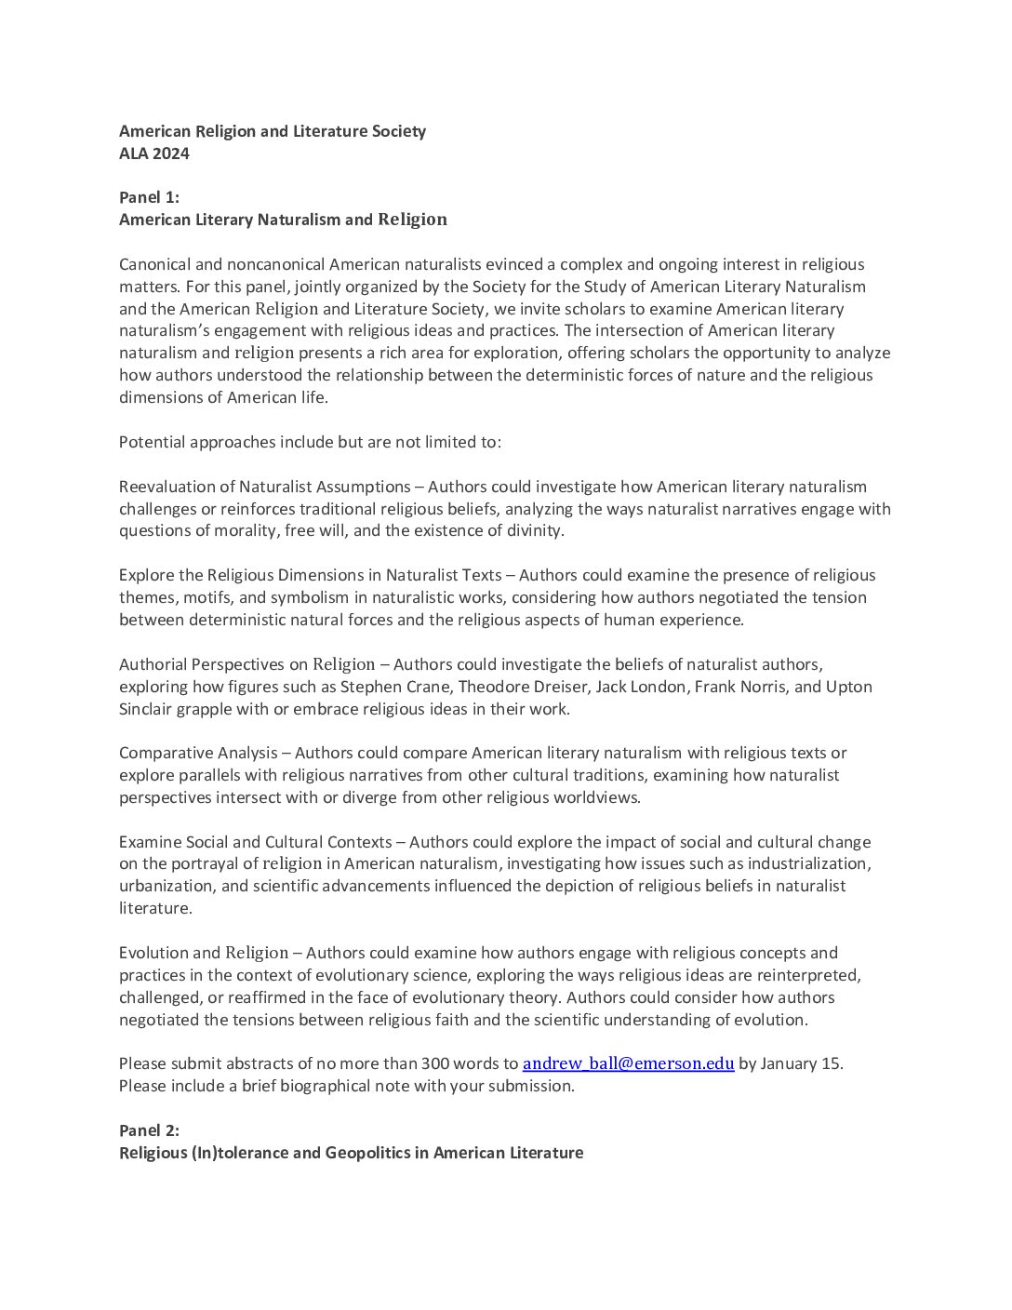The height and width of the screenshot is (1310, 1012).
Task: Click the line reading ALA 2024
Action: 154,154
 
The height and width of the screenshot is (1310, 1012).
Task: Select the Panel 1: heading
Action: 149,197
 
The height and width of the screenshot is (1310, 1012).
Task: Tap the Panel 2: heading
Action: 149,1130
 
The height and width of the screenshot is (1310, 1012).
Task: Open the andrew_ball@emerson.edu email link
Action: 629,1063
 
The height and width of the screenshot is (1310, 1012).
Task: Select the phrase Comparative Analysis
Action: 198,753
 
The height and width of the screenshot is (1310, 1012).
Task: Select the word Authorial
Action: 153,664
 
